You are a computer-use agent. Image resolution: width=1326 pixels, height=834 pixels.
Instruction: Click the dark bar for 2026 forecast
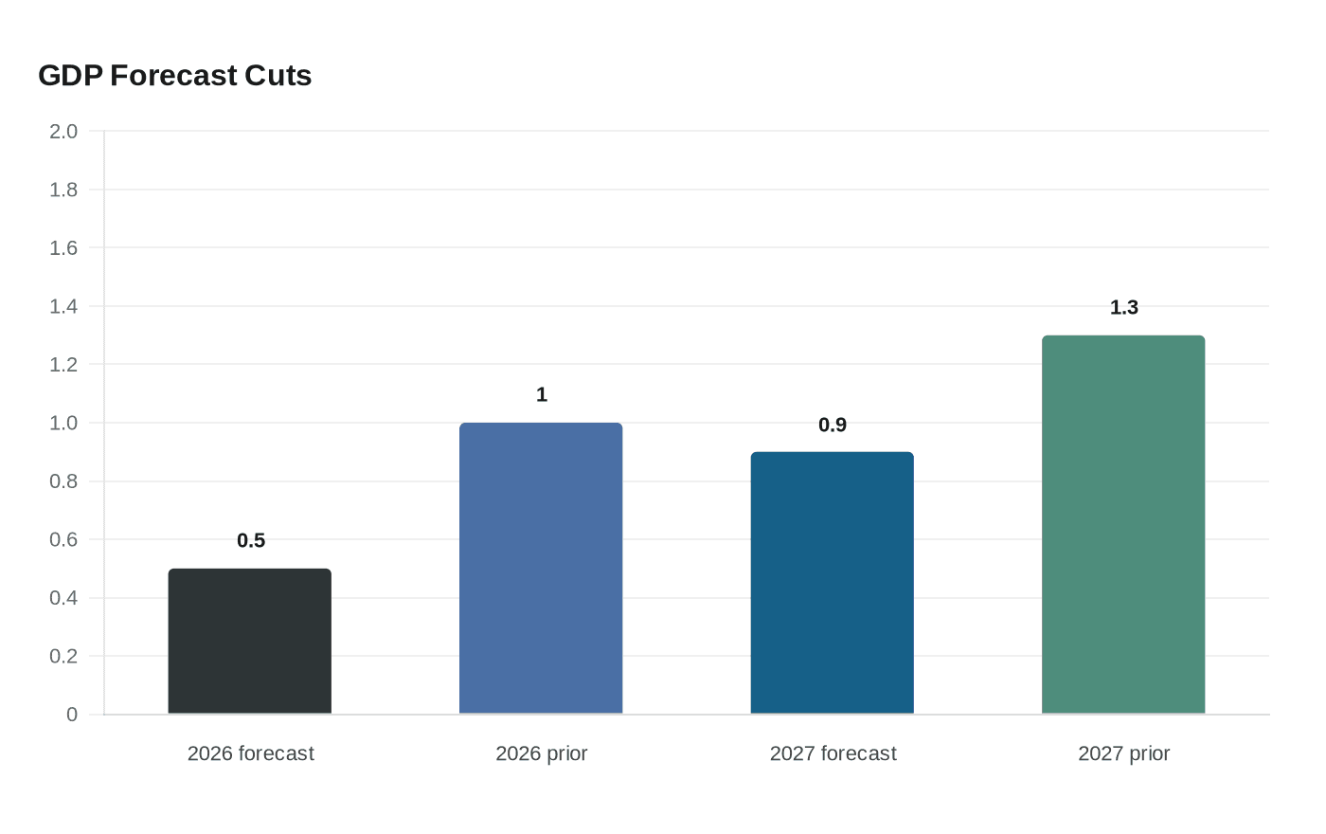250,642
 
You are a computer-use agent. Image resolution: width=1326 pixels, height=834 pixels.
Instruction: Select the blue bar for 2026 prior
541,569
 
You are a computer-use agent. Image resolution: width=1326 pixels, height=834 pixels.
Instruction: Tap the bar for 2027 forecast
833,583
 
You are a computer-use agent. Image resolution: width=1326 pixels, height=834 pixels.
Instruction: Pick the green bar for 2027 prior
1123,525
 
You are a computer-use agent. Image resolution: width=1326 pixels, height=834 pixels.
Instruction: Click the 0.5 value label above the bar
251,540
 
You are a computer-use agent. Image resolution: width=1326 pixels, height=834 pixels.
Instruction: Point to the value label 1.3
1124,307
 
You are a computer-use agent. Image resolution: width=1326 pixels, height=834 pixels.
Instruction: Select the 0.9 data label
833,425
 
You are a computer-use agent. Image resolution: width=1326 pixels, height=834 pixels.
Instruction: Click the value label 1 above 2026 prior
542,394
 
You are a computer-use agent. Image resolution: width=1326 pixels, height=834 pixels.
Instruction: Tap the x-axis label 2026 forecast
251,753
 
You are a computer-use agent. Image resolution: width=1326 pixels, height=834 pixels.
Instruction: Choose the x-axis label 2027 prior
1124,753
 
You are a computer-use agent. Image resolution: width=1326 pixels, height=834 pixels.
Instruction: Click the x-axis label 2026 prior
542,753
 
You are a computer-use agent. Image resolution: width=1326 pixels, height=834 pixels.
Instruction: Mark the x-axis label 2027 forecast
833,753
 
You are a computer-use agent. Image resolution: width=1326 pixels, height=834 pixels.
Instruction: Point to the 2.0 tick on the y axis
63,131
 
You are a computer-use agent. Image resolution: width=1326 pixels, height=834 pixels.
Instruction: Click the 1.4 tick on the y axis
63,306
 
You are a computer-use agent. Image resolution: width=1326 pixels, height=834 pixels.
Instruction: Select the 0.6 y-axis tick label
63,539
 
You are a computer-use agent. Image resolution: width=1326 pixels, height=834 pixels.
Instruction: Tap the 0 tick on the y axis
72,715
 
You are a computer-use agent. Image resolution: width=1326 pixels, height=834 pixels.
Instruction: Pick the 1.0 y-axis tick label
63,423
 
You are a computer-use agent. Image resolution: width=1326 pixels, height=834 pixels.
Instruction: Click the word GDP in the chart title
70,76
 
